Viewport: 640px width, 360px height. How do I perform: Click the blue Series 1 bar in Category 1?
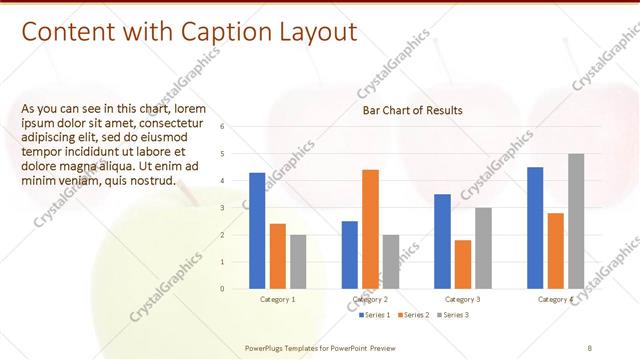pyautogui.click(x=257, y=231)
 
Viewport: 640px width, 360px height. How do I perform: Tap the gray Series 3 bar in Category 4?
pyautogui.click(x=576, y=221)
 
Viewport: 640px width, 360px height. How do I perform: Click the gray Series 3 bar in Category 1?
pyautogui.click(x=298, y=262)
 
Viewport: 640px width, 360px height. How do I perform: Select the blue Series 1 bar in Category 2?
pyautogui.click(x=349, y=255)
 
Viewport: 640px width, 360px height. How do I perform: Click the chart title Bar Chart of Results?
pyautogui.click(x=412, y=110)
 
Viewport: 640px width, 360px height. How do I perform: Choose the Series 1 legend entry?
pyautogui.click(x=376, y=315)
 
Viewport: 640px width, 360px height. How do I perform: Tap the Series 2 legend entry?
pyautogui.click(x=412, y=315)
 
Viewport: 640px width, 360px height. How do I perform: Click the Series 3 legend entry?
pyautogui.click(x=451, y=315)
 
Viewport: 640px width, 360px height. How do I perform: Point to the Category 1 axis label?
pyautogui.click(x=277, y=299)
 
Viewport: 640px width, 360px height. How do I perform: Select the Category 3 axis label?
pyautogui.click(x=462, y=299)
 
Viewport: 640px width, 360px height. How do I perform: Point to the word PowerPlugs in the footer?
pyautogui.click(x=267, y=347)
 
